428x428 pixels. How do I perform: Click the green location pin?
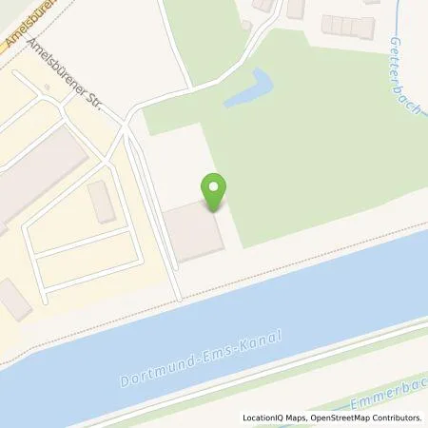click(215, 190)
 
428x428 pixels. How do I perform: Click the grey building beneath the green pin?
click(194, 231)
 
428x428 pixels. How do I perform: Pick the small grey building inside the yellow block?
click(101, 202)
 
